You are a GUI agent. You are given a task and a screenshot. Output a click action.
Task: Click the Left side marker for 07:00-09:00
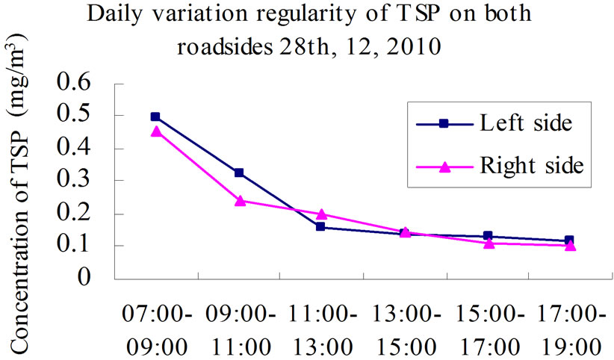tap(155, 117)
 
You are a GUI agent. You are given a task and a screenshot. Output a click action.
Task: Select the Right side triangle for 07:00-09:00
tap(155, 131)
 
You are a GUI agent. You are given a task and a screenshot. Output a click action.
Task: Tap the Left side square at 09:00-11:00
tap(238, 173)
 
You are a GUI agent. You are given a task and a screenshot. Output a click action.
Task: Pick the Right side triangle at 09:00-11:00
tap(239, 200)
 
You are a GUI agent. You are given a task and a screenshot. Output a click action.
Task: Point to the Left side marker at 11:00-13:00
tap(320, 226)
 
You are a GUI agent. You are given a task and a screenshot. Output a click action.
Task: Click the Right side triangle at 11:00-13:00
tap(320, 214)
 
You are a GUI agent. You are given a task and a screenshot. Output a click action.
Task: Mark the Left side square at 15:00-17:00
tap(487, 236)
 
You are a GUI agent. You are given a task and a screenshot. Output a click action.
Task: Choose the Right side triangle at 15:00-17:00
tap(487, 243)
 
